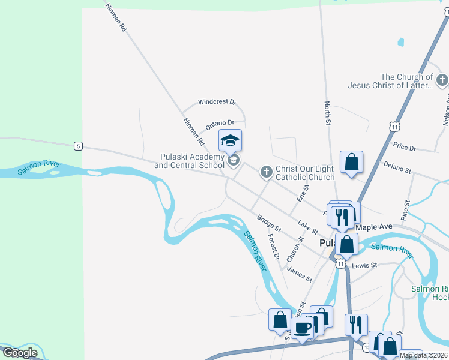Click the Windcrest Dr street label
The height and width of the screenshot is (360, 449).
(217, 103)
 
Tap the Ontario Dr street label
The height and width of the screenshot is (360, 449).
(219, 124)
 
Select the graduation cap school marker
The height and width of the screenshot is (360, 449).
(230, 142)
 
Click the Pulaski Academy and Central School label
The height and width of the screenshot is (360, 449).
(189, 161)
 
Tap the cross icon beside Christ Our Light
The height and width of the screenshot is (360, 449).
(266, 172)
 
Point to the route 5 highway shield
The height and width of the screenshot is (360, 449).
(78, 146)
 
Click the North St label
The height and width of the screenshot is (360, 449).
(328, 113)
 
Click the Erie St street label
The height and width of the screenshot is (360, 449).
(303, 193)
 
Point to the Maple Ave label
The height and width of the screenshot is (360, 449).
(373, 227)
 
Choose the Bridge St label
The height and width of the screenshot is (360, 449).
(269, 223)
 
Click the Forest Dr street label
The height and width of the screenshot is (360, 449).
(274, 247)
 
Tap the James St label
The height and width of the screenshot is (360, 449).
(300, 275)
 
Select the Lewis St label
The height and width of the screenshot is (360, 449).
(364, 265)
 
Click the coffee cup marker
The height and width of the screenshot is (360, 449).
(303, 328)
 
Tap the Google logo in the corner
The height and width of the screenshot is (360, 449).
(20, 352)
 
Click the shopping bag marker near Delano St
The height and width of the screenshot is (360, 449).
(351, 162)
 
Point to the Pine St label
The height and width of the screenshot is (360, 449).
(406, 211)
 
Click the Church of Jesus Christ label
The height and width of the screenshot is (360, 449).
(406, 81)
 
